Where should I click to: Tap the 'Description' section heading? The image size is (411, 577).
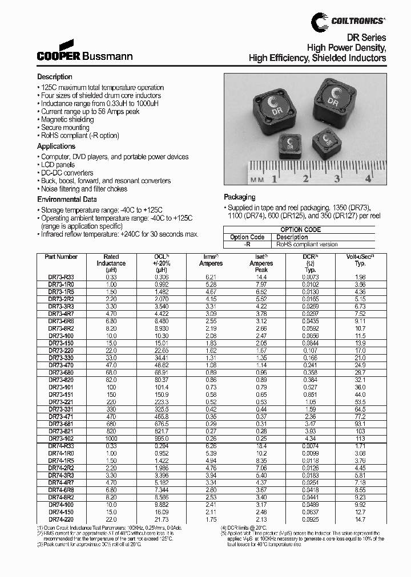tap(55, 76)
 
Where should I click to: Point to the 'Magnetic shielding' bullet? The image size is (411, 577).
tap(67, 120)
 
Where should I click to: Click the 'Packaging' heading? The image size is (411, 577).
tap(240, 197)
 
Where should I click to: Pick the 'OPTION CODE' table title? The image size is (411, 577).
tap(300, 230)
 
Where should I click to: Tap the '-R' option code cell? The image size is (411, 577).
tap(247, 244)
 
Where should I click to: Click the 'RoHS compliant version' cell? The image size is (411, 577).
tap(307, 244)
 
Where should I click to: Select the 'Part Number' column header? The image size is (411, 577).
tap(61, 257)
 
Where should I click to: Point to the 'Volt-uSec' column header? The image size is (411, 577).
tap(360, 257)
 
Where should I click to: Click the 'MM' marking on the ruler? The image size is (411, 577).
tap(257, 180)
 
